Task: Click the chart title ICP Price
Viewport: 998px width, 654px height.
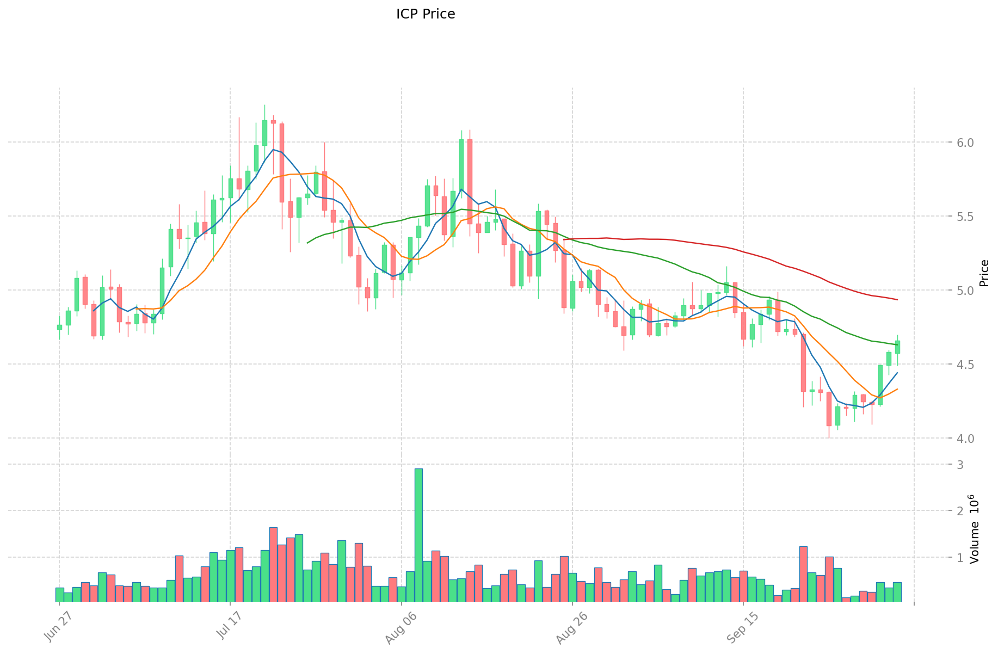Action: point(426,14)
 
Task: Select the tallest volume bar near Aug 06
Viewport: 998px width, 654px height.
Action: point(418,534)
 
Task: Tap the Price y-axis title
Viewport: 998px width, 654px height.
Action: point(984,273)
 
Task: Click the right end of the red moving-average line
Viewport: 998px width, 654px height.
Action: point(897,300)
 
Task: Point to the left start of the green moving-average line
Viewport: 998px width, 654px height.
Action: point(307,243)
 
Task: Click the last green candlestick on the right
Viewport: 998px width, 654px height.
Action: point(897,347)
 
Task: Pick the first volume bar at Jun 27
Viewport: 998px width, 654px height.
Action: point(59,594)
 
